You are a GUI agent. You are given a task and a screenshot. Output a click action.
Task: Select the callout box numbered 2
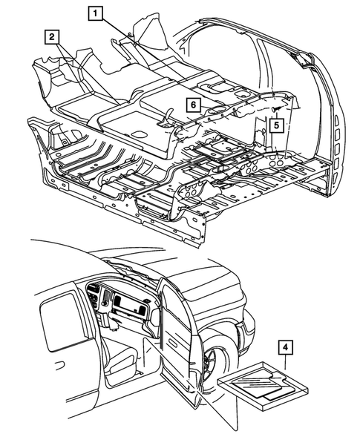click(x=52, y=36)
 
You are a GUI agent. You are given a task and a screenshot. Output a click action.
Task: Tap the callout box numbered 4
click(x=286, y=346)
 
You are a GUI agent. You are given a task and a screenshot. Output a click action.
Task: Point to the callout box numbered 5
click(x=275, y=125)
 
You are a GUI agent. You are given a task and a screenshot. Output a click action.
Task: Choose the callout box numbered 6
click(x=191, y=107)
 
